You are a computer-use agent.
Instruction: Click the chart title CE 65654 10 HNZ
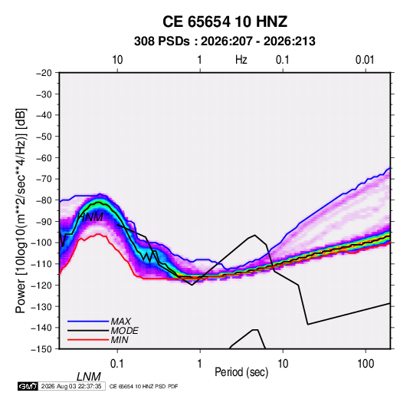pos(225,21)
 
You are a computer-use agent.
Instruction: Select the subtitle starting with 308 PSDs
pos(225,41)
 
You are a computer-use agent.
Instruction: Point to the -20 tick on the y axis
pos(44,73)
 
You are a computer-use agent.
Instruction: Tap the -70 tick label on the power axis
pos(44,179)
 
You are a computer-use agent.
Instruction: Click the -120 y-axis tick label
pos(41,286)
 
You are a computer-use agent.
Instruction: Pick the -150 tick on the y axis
pos(41,349)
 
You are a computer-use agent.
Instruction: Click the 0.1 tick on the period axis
pos(117,364)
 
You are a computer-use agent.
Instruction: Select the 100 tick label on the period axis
pos(366,364)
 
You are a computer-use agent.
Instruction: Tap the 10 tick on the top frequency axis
pos(117,60)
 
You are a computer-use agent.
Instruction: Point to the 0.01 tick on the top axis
pos(365,60)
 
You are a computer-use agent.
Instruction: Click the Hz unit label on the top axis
pos(241,60)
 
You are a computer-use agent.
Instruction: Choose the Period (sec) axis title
pos(241,372)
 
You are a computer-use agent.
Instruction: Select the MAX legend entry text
pos(120,321)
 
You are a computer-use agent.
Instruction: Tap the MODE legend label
pos(124,331)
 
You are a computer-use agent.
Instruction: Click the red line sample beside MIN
pos(88,340)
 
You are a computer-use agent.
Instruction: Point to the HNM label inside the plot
pos(90,217)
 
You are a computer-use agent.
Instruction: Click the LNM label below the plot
pos(89,377)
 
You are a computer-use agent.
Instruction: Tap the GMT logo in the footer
pos(28,386)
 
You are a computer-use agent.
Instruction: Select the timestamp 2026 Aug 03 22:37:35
pos(71,386)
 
